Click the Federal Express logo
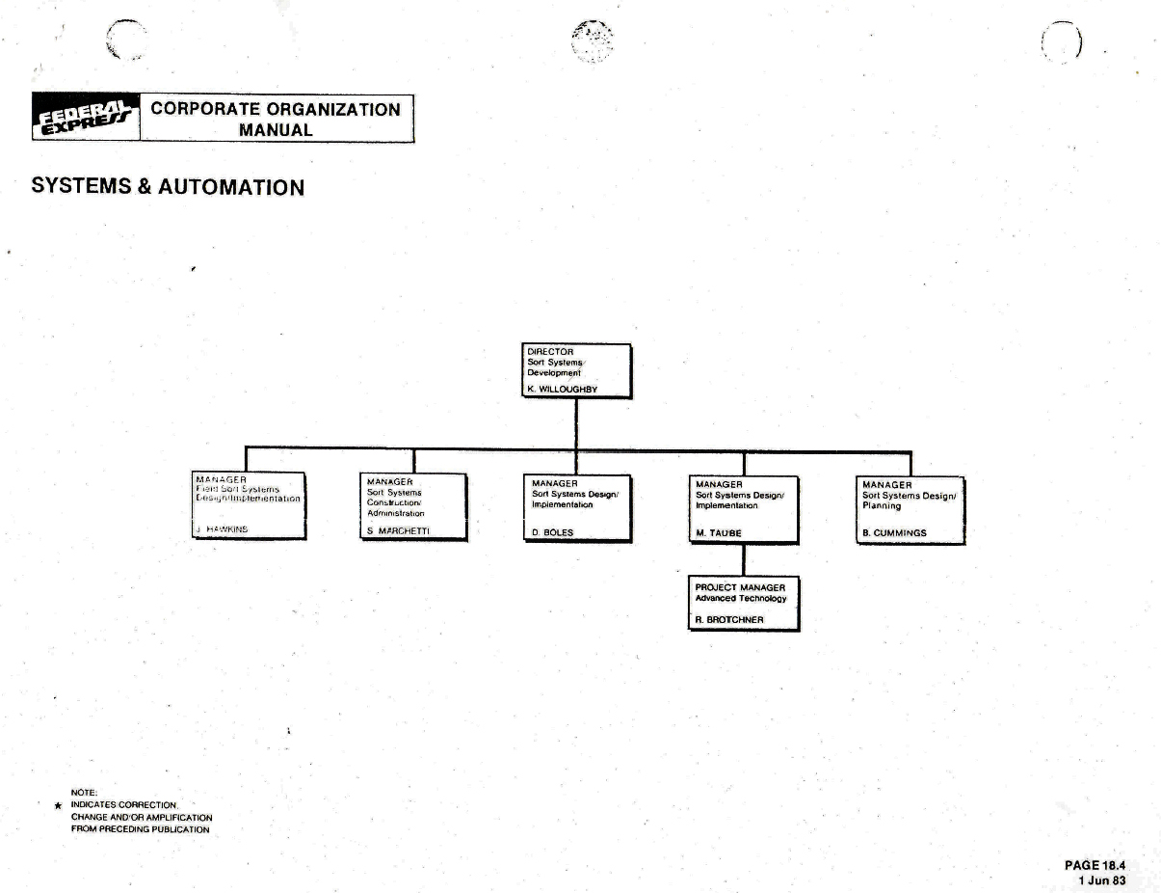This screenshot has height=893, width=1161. (85, 119)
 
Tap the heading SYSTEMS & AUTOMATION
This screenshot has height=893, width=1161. (168, 186)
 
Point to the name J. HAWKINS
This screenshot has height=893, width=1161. (223, 529)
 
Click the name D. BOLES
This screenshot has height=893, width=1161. (552, 532)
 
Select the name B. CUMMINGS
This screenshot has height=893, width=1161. (894, 532)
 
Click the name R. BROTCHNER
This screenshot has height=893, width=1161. (729, 619)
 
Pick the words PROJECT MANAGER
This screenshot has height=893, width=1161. (740, 587)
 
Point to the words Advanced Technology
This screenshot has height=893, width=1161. (741, 599)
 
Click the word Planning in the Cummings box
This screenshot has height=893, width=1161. (882, 505)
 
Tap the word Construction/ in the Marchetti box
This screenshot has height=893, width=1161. (393, 502)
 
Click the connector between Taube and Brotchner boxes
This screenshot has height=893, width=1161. (743, 560)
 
